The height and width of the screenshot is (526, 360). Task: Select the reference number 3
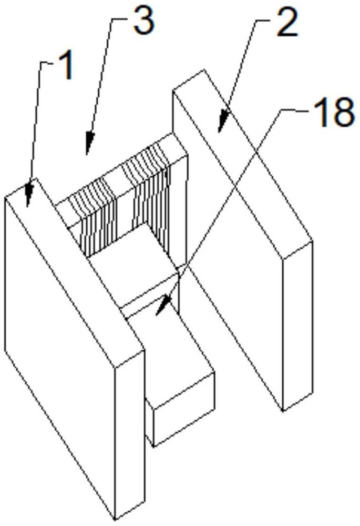[x=144, y=22]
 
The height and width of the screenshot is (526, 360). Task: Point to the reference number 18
[x=334, y=113]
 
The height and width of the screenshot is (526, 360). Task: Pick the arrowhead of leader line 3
[x=89, y=144]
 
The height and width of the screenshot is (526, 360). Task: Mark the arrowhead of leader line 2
[x=222, y=122]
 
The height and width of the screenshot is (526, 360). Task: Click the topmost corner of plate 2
[x=203, y=70]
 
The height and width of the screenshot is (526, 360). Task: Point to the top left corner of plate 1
[x=5, y=198]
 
